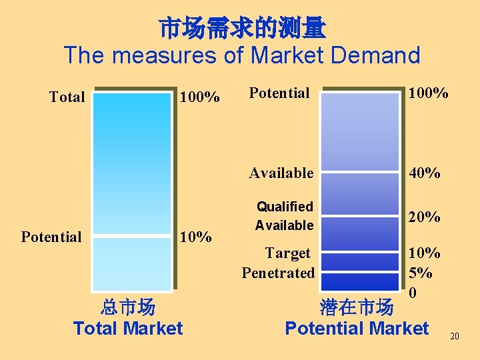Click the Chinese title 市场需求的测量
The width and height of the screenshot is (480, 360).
[x=242, y=28]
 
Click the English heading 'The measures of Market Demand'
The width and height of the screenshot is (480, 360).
[x=242, y=55]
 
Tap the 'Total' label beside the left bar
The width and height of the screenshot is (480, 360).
[x=67, y=97]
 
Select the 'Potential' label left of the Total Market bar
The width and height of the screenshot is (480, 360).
[x=51, y=237]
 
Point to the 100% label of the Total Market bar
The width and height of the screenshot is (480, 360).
[x=199, y=97]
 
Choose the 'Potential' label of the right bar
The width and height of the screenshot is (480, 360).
[x=279, y=93]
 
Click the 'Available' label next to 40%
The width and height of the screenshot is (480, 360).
[x=281, y=173]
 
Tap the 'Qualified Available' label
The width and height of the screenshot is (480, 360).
[x=285, y=216]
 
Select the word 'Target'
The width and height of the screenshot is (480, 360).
[x=287, y=253]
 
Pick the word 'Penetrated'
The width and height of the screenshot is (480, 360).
[x=278, y=273]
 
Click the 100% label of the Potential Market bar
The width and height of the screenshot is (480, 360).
[x=428, y=93]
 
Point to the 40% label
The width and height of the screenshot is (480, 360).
[x=425, y=173]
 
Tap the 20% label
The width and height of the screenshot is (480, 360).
[x=425, y=217]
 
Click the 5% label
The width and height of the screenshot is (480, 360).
[x=421, y=273]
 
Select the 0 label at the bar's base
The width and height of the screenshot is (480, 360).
[x=413, y=293]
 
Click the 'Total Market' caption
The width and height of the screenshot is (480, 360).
[x=127, y=328]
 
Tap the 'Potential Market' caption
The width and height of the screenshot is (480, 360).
[x=357, y=328]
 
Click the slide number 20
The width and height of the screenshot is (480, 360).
[x=455, y=336]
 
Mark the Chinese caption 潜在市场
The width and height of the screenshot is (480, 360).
[x=356, y=307]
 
